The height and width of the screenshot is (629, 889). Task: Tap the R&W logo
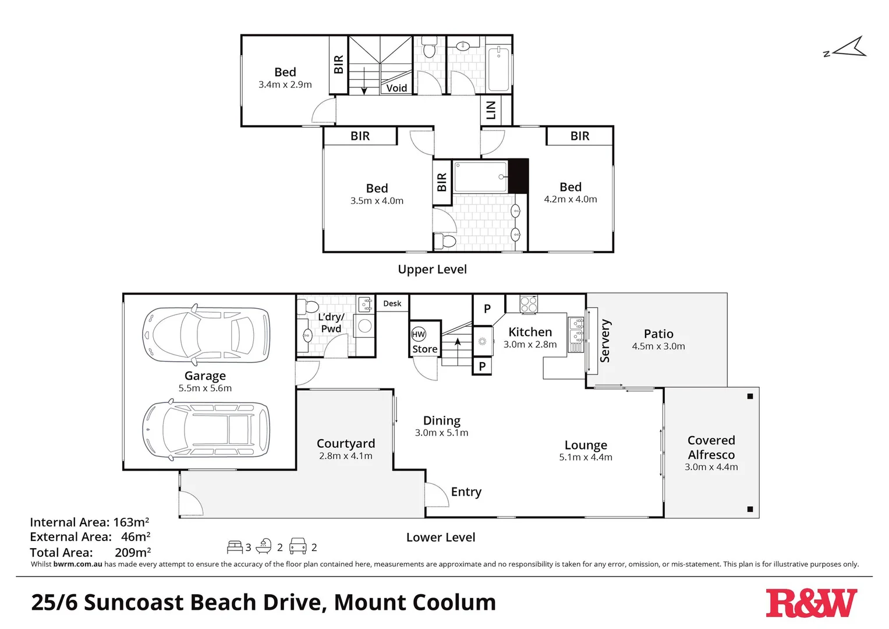pyautogui.click(x=810, y=603)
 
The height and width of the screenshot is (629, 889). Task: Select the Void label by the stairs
pyautogui.click(x=396, y=88)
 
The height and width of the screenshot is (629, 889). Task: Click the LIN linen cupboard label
pyautogui.click(x=491, y=109)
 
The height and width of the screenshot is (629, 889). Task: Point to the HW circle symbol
pyautogui.click(x=419, y=334)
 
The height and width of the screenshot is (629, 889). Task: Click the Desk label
pyautogui.click(x=392, y=303)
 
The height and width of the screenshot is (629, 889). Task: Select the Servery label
pyautogui.click(x=605, y=341)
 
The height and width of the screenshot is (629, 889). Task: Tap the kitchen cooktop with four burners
pyautogui.click(x=529, y=304)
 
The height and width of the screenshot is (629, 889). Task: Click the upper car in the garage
pyautogui.click(x=206, y=334)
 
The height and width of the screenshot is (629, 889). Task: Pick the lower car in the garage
pyautogui.click(x=206, y=430)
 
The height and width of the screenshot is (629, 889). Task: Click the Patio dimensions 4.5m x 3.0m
pyautogui.click(x=658, y=347)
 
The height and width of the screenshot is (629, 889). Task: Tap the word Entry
pyautogui.click(x=466, y=492)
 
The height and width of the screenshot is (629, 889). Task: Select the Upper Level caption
pyautogui.click(x=432, y=269)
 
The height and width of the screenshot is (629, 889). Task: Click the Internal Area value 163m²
pyautogui.click(x=131, y=522)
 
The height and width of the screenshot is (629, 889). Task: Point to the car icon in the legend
pyautogui.click(x=297, y=546)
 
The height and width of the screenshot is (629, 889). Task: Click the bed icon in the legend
pyautogui.click(x=235, y=547)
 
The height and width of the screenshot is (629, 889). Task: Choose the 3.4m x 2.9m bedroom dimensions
pyautogui.click(x=285, y=85)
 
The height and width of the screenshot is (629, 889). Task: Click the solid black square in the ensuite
pyautogui.click(x=518, y=175)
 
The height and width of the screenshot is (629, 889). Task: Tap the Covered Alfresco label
pyautogui.click(x=711, y=447)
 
